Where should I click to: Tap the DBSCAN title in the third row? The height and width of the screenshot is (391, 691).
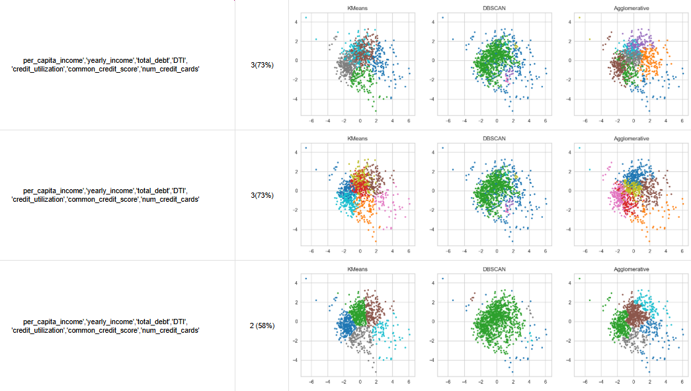point(497,269)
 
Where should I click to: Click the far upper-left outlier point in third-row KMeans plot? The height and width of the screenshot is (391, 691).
point(306,279)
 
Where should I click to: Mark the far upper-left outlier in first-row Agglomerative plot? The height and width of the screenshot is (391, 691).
point(579,18)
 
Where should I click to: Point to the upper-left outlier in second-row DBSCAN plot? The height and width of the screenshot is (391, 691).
point(443,148)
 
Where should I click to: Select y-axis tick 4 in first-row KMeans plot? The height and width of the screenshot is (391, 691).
point(297,22)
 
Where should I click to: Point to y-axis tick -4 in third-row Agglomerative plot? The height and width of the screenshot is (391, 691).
point(571,361)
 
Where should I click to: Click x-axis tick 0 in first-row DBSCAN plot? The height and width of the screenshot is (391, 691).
point(497,121)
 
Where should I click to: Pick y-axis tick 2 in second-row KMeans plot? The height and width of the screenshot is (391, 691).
point(297,171)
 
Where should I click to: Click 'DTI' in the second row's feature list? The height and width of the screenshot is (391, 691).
point(179,191)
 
